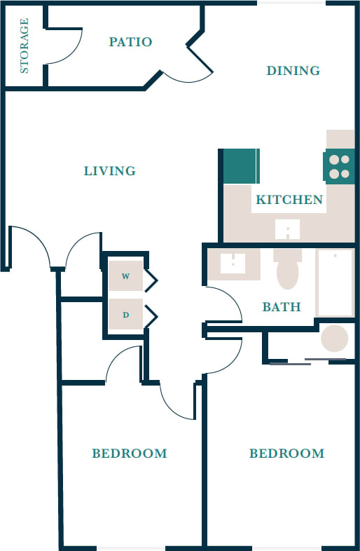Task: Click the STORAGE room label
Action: pyautogui.click(x=25, y=46)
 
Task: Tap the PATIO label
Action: pyautogui.click(x=130, y=42)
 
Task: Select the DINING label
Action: pyautogui.click(x=293, y=70)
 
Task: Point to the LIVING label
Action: pyautogui.click(x=109, y=171)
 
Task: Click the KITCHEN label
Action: pyautogui.click(x=289, y=200)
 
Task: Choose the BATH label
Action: pyautogui.click(x=281, y=307)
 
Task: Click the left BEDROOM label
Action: pyautogui.click(x=130, y=454)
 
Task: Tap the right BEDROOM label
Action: pyautogui.click(x=286, y=454)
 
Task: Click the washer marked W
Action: pyautogui.click(x=125, y=276)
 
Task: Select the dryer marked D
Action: pyautogui.click(x=125, y=315)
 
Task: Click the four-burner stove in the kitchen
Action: pyautogui.click(x=339, y=167)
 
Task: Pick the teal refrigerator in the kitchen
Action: pyautogui.click(x=240, y=167)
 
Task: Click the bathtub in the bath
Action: pyautogui.click(x=335, y=282)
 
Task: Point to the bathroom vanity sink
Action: pyautogui.click(x=232, y=263)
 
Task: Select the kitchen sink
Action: pyautogui.click(x=287, y=230)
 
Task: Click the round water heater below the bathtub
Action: pyautogui.click(x=334, y=339)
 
